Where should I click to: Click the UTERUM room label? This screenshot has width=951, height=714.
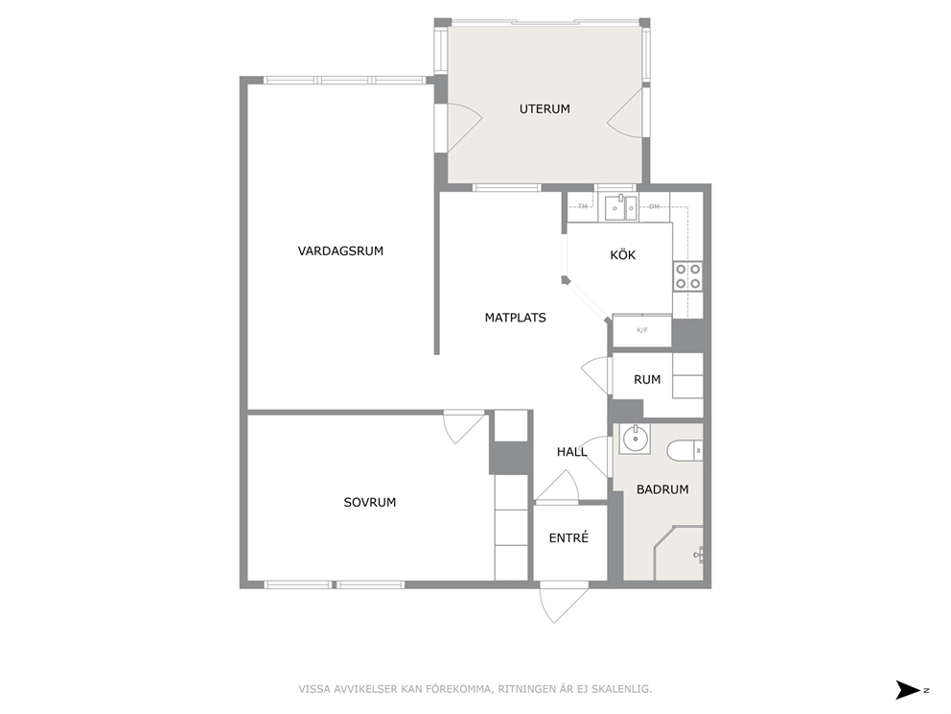tap(544, 109)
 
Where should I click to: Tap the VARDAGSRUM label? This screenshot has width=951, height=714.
tap(340, 250)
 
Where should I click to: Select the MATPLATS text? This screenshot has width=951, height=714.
tap(515, 318)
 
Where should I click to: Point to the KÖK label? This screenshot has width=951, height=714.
tap(622, 254)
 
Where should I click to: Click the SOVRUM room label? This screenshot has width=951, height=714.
tap(369, 502)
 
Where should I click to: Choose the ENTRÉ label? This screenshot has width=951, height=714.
tap(568, 537)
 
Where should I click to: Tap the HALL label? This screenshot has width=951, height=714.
tap(571, 452)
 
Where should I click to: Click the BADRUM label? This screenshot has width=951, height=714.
tap(662, 489)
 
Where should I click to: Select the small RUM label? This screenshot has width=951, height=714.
tap(646, 379)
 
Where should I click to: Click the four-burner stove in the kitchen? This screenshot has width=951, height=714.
tap(687, 275)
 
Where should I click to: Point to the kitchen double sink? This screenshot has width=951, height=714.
tap(621, 207)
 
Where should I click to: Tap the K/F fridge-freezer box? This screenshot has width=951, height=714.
tap(641, 330)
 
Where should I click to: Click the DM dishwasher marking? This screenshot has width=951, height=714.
tap(654, 206)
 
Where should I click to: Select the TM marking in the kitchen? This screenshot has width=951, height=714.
tap(583, 206)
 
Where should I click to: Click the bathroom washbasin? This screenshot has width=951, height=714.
tap(635, 439)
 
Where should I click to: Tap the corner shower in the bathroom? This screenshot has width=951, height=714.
tap(678, 553)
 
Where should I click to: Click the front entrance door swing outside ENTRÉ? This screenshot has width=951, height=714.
tap(564, 603)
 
